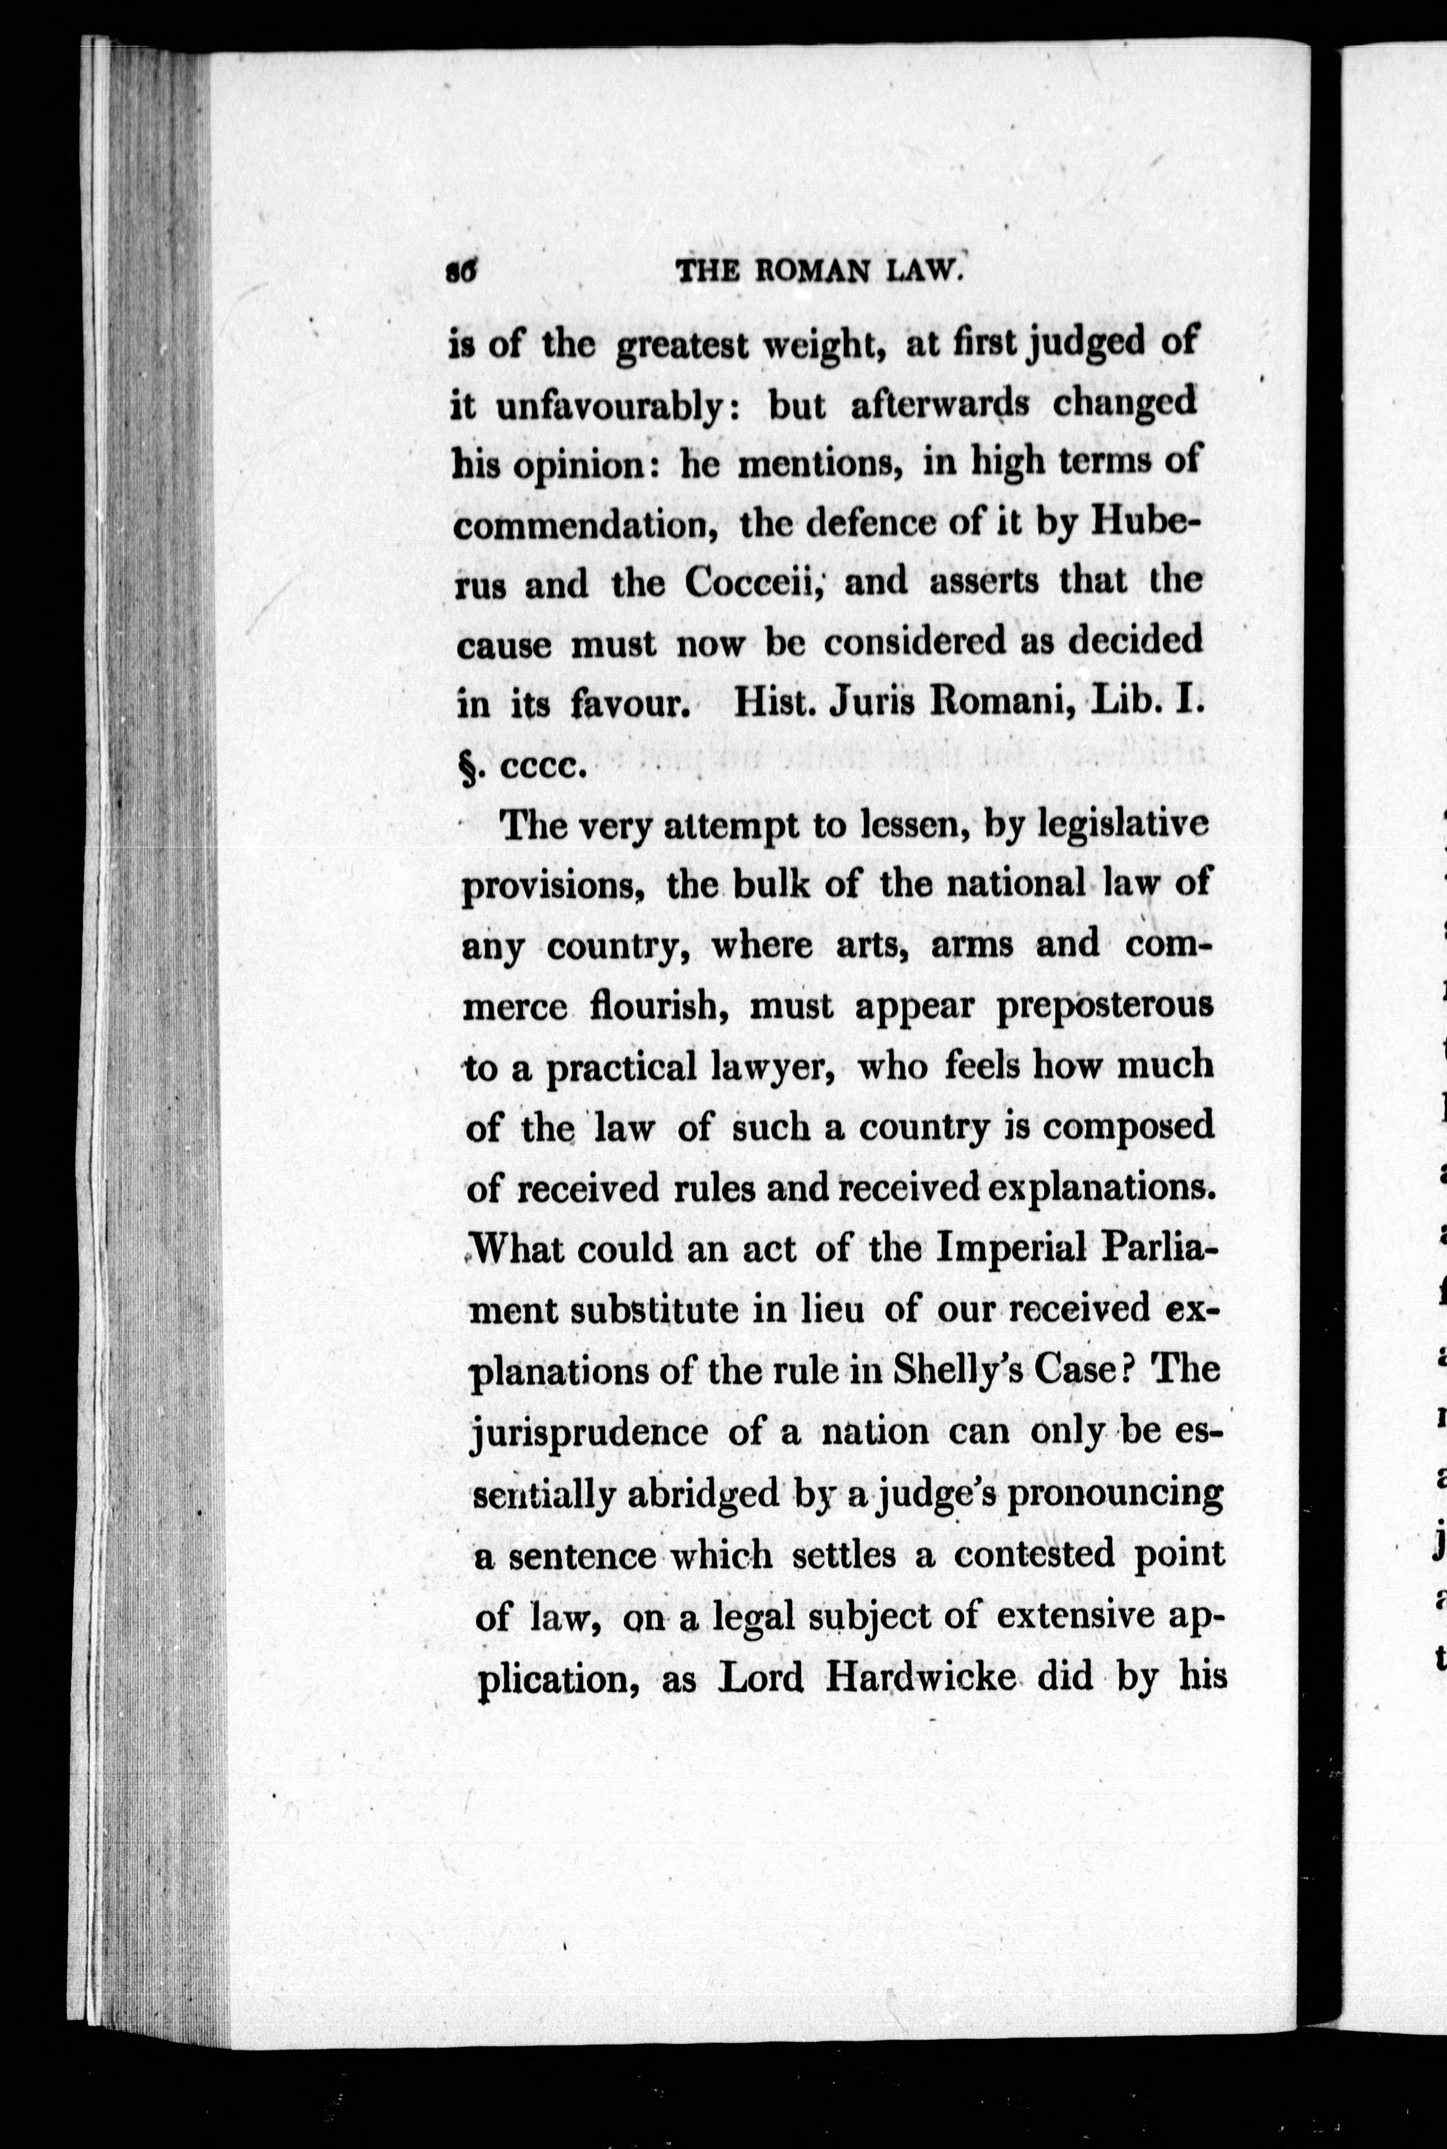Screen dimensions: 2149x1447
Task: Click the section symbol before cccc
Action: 467,766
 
